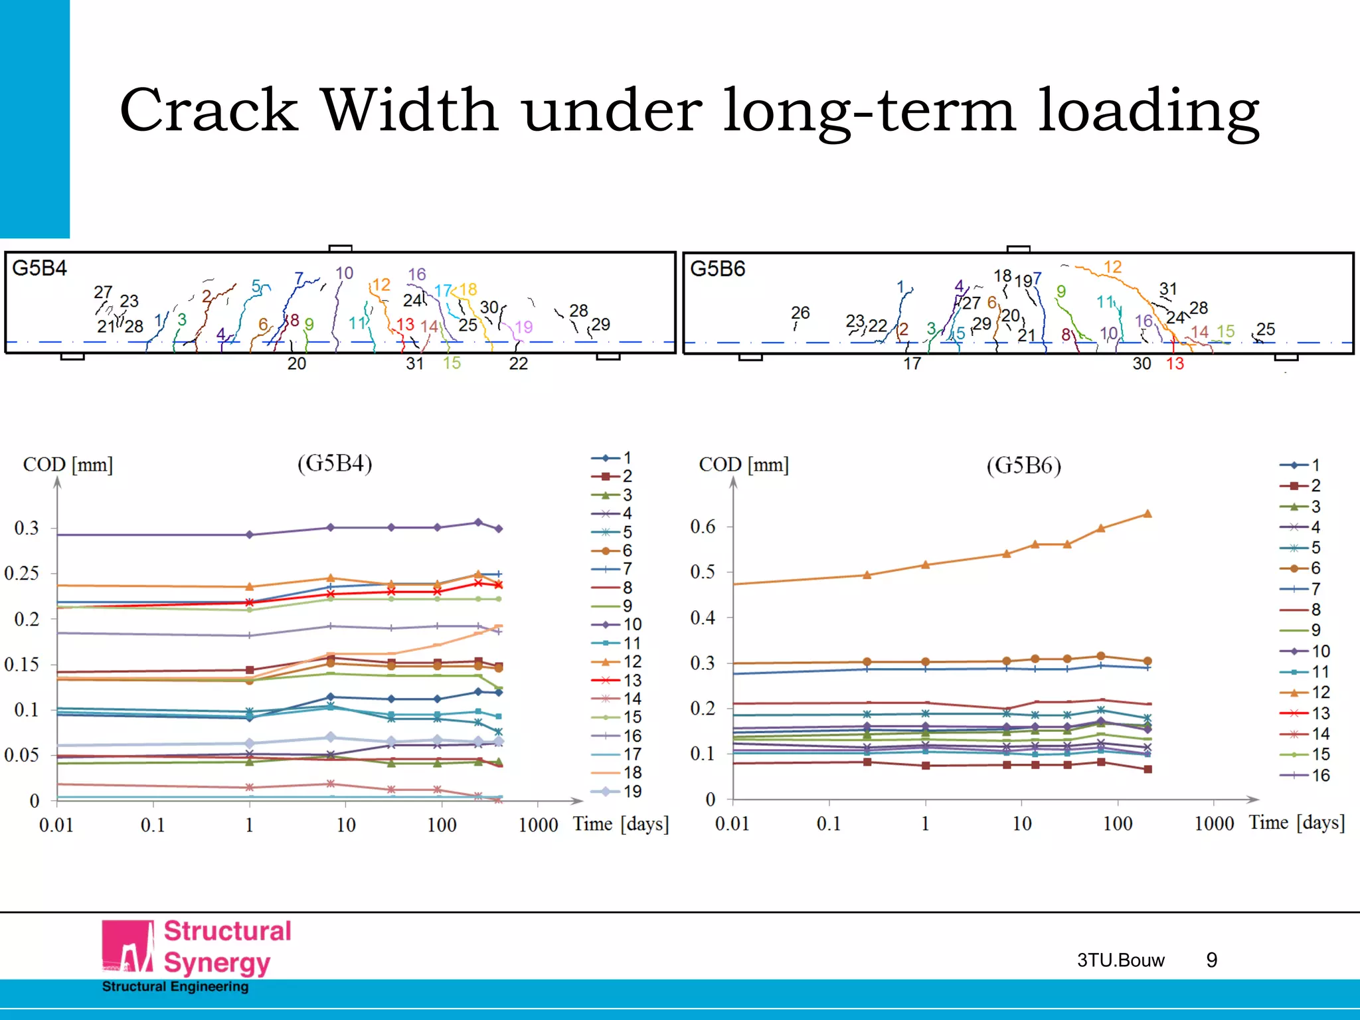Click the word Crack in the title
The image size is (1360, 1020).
coord(209,110)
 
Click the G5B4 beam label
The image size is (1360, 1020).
coord(39,268)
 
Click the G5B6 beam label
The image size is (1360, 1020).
coord(717,269)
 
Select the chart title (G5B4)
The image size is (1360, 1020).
coord(334,463)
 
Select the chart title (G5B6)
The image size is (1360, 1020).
coord(1023,466)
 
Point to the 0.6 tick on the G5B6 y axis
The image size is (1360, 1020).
coord(703,527)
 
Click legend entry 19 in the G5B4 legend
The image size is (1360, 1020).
coord(632,792)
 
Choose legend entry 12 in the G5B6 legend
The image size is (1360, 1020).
coord(1320,693)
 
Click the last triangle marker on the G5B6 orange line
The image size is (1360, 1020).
coord(1147,514)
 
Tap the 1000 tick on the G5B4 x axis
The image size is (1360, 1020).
coord(538,825)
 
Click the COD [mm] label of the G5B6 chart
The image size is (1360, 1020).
coord(743,465)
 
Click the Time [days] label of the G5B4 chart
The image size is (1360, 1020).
coord(621,825)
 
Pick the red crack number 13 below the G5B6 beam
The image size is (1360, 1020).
coord(1175,364)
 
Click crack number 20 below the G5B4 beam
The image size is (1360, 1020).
coord(297,364)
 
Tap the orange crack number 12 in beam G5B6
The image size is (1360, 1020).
coord(1112,267)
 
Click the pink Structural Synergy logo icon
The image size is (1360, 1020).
coord(127,946)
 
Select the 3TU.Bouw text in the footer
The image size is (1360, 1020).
coord(1120,960)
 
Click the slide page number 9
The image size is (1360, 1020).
coord(1211,960)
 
